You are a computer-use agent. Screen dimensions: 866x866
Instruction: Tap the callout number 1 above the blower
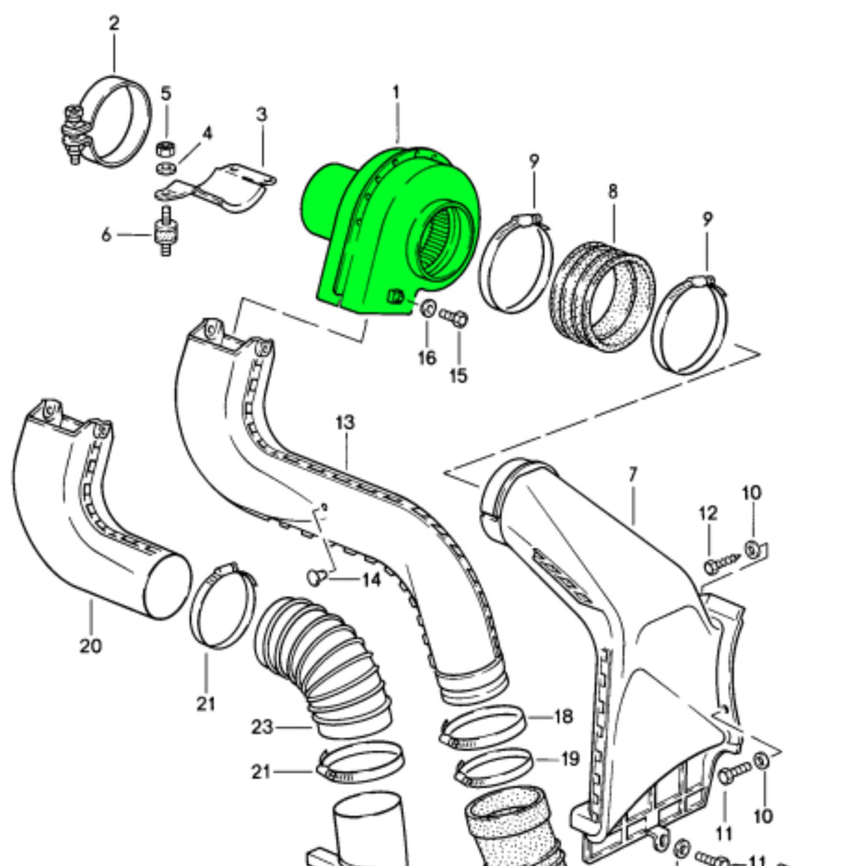tap(396, 92)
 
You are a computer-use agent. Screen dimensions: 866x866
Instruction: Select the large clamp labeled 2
tap(115, 120)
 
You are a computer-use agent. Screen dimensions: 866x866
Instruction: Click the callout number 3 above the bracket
tap(262, 114)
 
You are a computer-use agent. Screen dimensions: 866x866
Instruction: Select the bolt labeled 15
tap(455, 318)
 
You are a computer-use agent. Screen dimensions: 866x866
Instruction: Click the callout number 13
tap(345, 423)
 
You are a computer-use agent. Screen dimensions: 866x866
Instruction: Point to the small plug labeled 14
tap(314, 577)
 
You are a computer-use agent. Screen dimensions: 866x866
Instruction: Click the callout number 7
tap(633, 474)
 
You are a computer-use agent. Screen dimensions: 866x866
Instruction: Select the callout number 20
tap(90, 646)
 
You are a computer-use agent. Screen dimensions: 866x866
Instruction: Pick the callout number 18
tap(564, 717)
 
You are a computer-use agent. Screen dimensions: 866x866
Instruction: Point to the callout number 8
tap(613, 193)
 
